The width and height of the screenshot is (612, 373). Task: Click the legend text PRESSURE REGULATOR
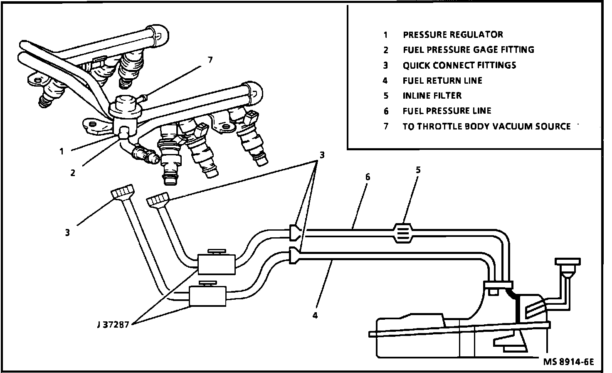(x=453, y=35)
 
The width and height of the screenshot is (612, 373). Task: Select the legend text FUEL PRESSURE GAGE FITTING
(x=468, y=50)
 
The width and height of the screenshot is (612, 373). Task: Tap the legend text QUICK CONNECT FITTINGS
(x=459, y=65)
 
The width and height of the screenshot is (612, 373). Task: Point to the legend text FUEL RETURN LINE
(x=442, y=80)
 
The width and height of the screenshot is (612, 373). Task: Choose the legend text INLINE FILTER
(x=432, y=96)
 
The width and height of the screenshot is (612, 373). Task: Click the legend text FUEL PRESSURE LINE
(x=447, y=111)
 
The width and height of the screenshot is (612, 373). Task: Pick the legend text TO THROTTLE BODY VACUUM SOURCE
(x=486, y=126)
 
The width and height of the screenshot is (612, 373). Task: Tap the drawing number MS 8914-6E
(x=568, y=361)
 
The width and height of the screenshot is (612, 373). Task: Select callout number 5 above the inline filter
(x=418, y=170)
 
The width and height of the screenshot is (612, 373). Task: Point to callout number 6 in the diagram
(x=367, y=177)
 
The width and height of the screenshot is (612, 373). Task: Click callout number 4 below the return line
(x=315, y=316)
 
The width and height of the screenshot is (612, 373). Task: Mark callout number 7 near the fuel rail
(x=210, y=60)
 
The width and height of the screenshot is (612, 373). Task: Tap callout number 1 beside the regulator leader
(x=62, y=152)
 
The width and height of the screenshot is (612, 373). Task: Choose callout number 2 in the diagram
(x=73, y=173)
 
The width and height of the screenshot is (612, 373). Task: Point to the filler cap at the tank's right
(x=567, y=263)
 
